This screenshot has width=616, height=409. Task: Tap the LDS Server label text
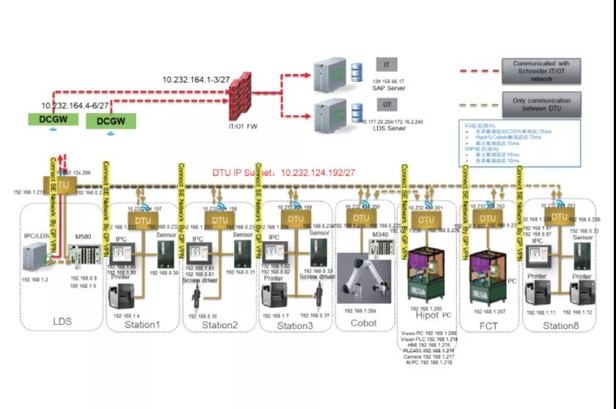[x=386, y=128]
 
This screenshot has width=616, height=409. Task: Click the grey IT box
[x=386, y=65]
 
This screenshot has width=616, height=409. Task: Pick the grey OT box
[x=386, y=106]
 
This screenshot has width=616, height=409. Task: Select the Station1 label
[x=142, y=324]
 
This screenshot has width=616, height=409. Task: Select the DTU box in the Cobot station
[x=360, y=218]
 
